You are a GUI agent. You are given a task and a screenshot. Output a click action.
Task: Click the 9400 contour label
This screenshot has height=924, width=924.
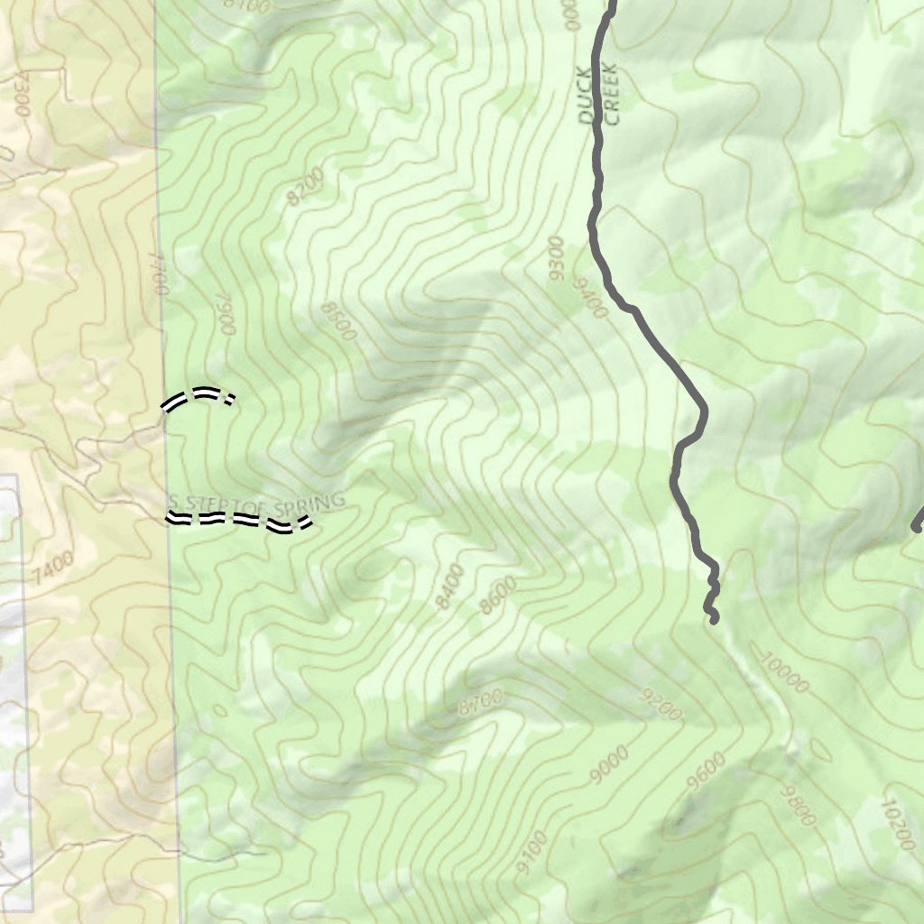pyautogui.click(x=588, y=298)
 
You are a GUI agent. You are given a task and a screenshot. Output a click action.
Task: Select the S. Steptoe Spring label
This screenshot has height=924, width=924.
pyautogui.click(x=257, y=502)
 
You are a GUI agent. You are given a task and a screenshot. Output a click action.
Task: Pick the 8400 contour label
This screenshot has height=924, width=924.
pyautogui.click(x=449, y=586)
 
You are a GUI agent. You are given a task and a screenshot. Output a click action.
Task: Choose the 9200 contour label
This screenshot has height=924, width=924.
pyautogui.click(x=661, y=707)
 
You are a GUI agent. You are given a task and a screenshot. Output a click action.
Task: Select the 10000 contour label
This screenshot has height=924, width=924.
pyautogui.click(x=782, y=673)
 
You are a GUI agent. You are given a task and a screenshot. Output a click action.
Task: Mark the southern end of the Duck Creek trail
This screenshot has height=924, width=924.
pyautogui.click(x=714, y=619)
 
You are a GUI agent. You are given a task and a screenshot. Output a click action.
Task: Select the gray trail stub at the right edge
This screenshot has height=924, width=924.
pyautogui.click(x=918, y=522)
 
